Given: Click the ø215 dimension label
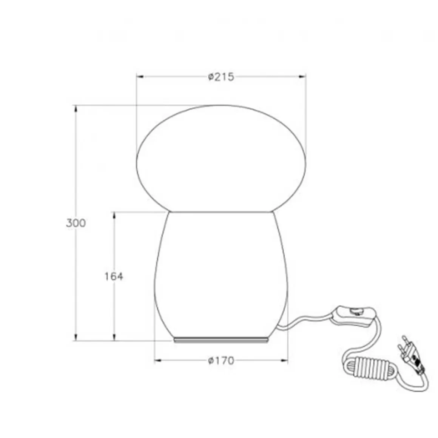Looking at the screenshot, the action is point(221,77).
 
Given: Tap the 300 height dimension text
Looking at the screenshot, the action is point(76,223).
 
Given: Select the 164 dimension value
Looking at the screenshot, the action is point(114,276).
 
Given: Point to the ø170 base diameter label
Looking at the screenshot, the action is point(221,361).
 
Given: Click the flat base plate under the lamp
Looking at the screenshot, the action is point(221,340).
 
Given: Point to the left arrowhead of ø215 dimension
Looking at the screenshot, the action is point(140,77).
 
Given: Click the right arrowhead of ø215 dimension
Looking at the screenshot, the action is point(302,77).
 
